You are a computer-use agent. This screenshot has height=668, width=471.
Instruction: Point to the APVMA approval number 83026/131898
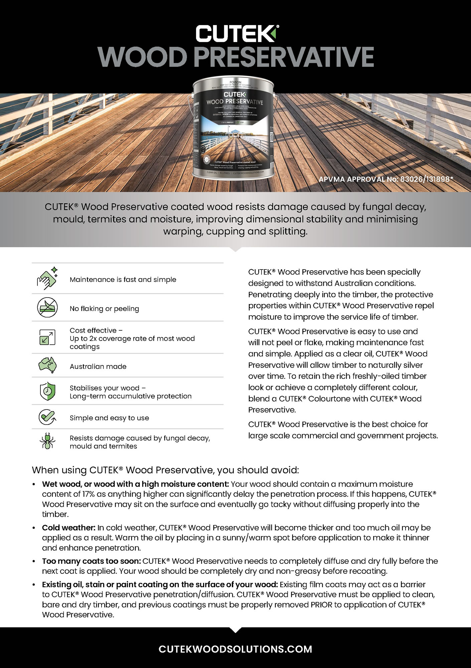[x=386, y=179]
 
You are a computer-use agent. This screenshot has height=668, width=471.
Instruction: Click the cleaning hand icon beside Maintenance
[x=47, y=278]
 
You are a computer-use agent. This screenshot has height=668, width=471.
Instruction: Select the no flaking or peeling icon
[x=47, y=308]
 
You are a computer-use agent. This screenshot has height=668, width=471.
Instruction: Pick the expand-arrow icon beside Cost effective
[x=47, y=337]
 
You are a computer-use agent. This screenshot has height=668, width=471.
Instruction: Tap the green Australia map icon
[x=47, y=365]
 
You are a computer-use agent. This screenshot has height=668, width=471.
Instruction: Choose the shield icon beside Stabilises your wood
[x=47, y=391]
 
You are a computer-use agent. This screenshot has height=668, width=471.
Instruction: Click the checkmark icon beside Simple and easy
[x=47, y=417]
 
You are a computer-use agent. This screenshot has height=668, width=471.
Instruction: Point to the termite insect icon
[x=47, y=441]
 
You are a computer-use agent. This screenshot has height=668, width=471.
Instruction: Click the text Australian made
[x=98, y=366]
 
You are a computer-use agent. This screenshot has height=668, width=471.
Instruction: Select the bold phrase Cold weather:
[x=69, y=528]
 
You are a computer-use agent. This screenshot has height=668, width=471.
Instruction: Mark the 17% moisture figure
[x=88, y=494]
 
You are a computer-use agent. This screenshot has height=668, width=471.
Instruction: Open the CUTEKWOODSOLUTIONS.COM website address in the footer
[x=235, y=649]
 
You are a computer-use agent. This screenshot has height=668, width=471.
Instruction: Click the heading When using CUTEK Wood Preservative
[x=165, y=470]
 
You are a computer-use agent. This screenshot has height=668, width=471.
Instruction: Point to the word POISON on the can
[x=235, y=82]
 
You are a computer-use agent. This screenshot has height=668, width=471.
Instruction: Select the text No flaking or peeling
[x=104, y=309]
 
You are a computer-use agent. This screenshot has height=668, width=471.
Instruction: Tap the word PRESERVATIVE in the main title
[x=284, y=57]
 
